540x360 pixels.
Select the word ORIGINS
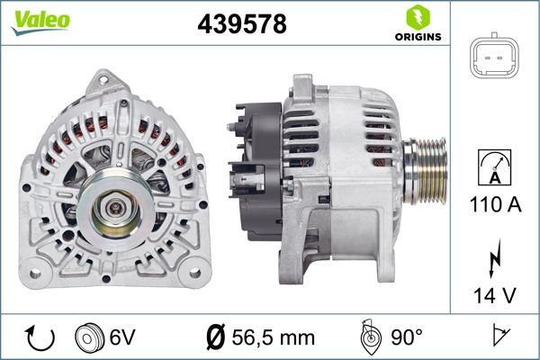418,38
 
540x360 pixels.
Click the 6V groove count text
123,337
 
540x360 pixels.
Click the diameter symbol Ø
216,338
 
